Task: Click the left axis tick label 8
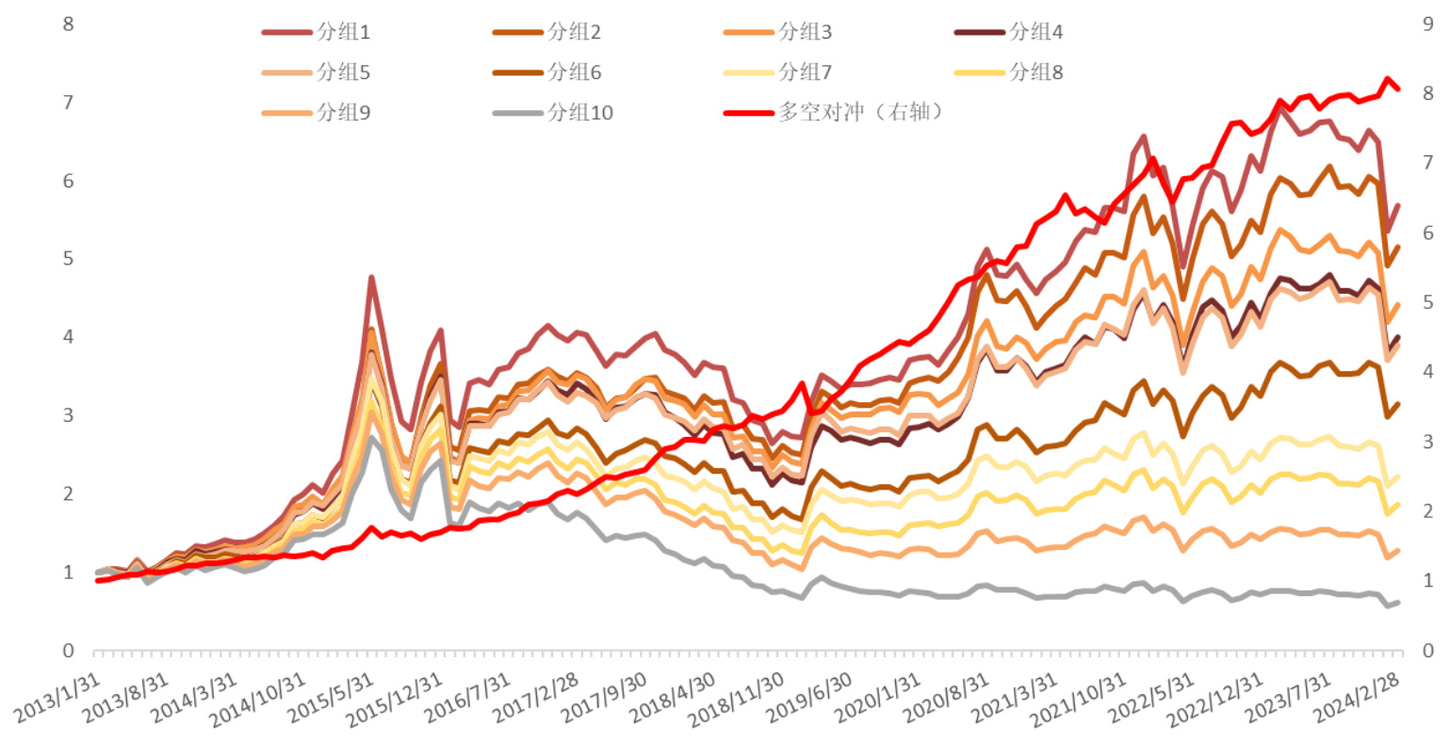[x=68, y=24]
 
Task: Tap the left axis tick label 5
[x=68, y=258]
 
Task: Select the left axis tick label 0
[x=68, y=651]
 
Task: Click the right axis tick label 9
[x=1428, y=24]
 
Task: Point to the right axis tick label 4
[x=1428, y=372]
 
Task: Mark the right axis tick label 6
[x=1428, y=233]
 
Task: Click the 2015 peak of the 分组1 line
[x=372, y=278]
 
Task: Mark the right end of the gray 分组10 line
[x=1398, y=602]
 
